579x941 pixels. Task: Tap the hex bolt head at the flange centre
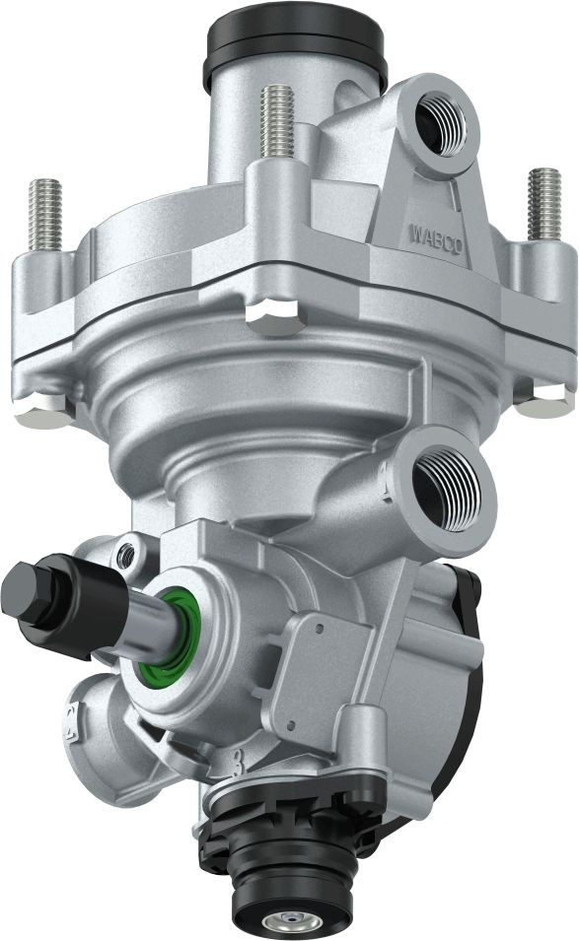271,316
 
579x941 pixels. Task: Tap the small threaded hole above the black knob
125,556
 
